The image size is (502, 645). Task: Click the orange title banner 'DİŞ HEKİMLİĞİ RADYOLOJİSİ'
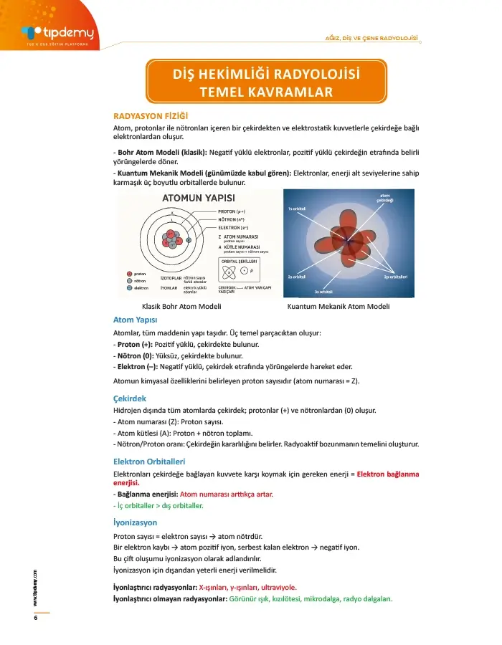click(266, 75)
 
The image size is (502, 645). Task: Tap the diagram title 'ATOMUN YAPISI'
click(199, 198)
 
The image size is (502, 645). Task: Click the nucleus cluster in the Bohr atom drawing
click(171, 239)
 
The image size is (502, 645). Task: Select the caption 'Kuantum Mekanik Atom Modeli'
click(338, 307)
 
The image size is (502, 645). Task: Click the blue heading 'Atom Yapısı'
click(136, 320)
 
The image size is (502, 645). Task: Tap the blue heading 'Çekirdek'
click(130, 398)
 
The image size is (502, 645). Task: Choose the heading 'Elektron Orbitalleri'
click(150, 461)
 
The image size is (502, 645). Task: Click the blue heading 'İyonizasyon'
click(135, 522)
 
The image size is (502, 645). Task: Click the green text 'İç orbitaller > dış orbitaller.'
click(160, 505)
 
